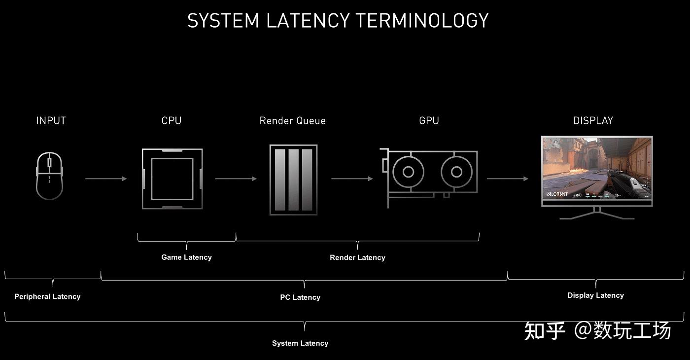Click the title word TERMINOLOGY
tap(422, 21)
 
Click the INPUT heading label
tap(51, 121)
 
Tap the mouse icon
tap(50, 176)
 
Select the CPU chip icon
tap(172, 179)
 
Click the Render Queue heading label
tap(292, 121)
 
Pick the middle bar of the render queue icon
tap(294, 180)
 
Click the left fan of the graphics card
tap(408, 172)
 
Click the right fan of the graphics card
tap(456, 172)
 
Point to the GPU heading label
tap(429, 121)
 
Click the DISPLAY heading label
tap(593, 121)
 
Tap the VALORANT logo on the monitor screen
tap(557, 194)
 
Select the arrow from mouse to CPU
tap(106, 179)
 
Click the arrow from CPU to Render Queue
tap(236, 179)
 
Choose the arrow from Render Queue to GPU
tap(352, 179)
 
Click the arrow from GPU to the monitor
tap(507, 179)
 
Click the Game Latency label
tap(186, 257)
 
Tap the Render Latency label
tap(357, 257)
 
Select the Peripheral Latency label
tap(47, 296)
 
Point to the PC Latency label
tap(300, 297)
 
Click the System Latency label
tap(300, 343)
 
